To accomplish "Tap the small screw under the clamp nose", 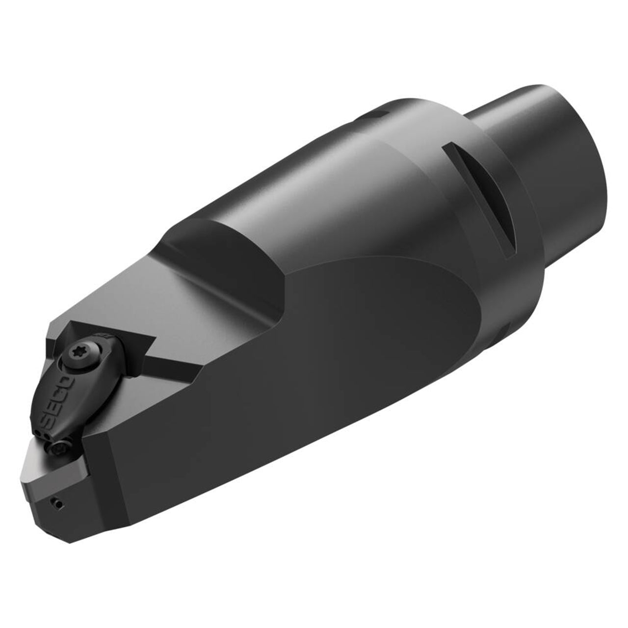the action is (x=60, y=448).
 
